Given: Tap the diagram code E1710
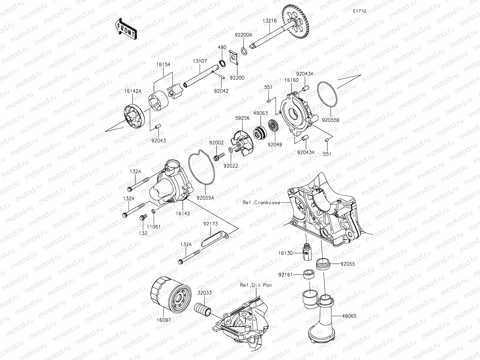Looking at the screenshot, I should coord(359,11).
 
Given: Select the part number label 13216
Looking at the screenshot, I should coord(270,21).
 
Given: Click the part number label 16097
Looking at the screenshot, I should coord(163,320).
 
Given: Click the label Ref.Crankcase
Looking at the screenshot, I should coord(262,203).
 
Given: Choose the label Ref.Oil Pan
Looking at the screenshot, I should coord(256,285).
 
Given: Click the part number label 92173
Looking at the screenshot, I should coord(210,224).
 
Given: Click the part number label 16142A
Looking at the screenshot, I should coord(133,91).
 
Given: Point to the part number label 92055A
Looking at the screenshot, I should coord(205,197).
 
